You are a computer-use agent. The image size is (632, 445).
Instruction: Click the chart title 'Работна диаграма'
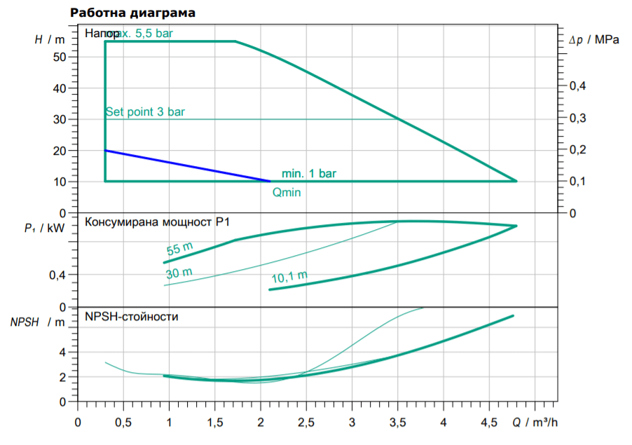(133, 13)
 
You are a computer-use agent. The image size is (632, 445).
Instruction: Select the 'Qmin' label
(286, 192)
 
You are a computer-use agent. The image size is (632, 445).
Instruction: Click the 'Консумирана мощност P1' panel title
(158, 223)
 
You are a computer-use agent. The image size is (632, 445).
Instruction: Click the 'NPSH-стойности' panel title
(132, 317)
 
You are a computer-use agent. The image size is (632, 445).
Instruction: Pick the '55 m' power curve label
(179, 248)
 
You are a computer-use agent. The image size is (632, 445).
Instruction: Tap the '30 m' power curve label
(179, 273)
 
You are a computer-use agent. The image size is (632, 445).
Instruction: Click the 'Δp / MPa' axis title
(594, 41)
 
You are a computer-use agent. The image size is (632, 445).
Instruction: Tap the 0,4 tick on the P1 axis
(57, 275)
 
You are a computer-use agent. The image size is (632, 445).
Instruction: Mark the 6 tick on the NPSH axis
(62, 327)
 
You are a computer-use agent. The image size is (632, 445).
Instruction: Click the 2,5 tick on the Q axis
(306, 423)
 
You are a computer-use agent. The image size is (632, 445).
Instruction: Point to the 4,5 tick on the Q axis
(489, 423)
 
